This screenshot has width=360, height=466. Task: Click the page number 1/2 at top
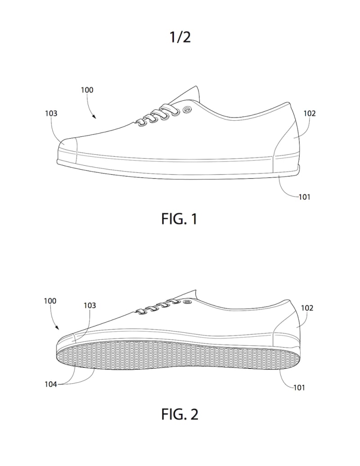[x=180, y=37]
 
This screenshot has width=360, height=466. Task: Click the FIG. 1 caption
[x=179, y=219]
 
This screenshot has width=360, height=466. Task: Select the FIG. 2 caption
[x=179, y=414]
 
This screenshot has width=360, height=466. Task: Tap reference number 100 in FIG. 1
[x=87, y=90]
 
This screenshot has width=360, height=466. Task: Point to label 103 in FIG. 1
[x=51, y=113]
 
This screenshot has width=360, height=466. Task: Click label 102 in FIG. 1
[x=310, y=113]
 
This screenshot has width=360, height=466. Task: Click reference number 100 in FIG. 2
[x=50, y=301]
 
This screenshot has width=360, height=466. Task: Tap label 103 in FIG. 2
[x=90, y=305]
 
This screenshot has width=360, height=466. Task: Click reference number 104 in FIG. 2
[x=50, y=385]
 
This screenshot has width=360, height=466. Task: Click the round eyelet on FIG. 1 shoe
[x=187, y=109]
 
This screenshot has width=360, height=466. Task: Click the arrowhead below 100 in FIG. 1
[x=95, y=118]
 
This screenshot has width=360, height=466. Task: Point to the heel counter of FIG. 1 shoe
[x=288, y=135]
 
